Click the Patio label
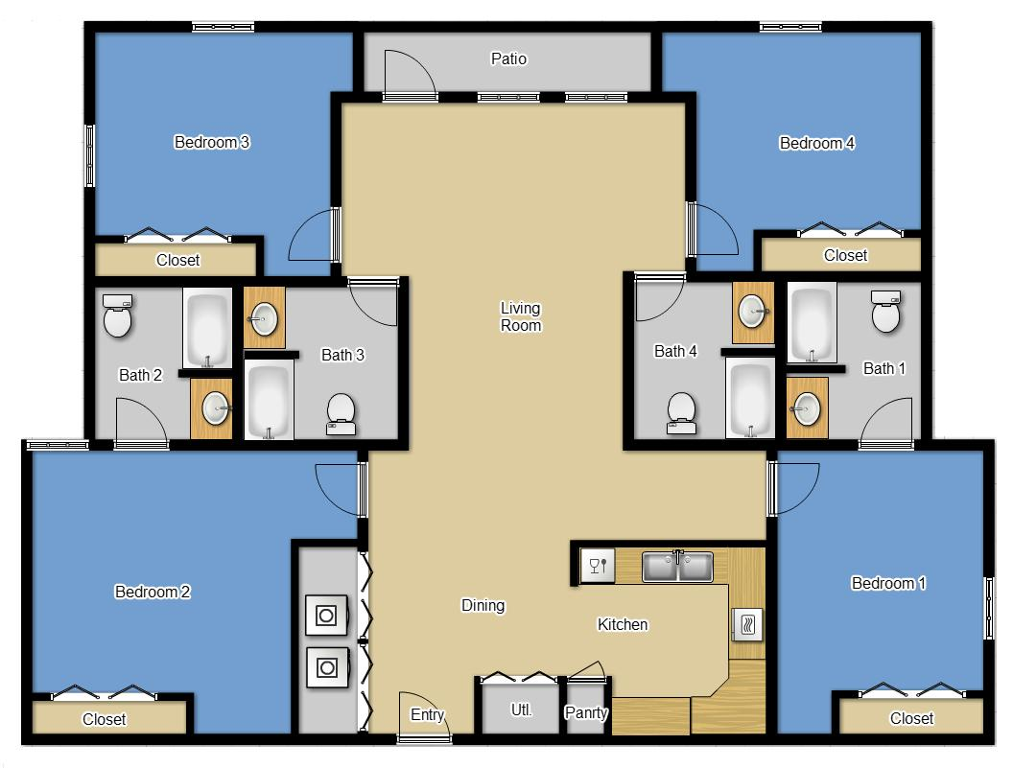click(x=508, y=59)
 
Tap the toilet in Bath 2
click(x=118, y=317)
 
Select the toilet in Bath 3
click(x=341, y=413)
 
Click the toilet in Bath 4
click(x=681, y=411)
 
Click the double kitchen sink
click(x=677, y=566)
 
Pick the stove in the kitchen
click(x=747, y=625)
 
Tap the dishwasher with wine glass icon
click(x=598, y=564)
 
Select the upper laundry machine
click(x=326, y=615)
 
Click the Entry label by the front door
click(x=427, y=714)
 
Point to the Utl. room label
click(x=521, y=711)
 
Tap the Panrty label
click(x=585, y=713)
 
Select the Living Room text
click(x=521, y=316)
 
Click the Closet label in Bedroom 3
click(x=177, y=260)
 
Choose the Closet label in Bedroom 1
click(x=911, y=718)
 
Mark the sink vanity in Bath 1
click(x=807, y=407)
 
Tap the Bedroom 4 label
click(x=816, y=144)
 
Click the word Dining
click(x=483, y=605)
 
